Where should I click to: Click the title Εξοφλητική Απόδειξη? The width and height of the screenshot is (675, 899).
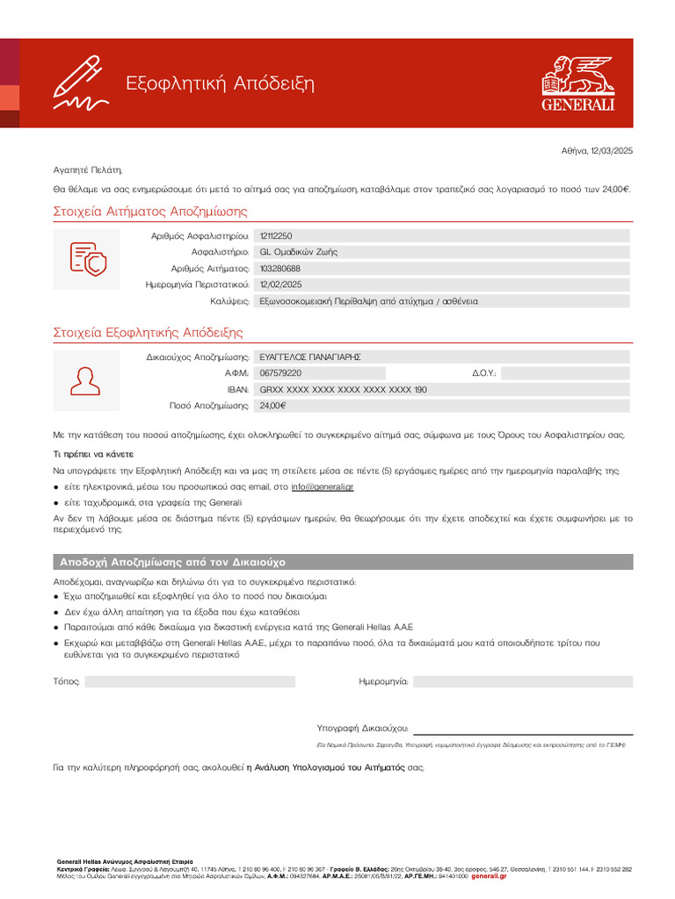click(220, 84)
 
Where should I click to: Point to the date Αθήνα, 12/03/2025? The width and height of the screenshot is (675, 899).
click(597, 151)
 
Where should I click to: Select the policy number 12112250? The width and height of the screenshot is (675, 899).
click(277, 236)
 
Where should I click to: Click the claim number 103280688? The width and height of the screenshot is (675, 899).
click(280, 269)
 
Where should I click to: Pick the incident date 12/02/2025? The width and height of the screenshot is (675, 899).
click(280, 284)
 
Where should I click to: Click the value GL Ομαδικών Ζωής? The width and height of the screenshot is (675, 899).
click(298, 252)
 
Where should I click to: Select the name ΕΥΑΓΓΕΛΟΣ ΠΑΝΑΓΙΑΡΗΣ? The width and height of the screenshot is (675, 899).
click(310, 357)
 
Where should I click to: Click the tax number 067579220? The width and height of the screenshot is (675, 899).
click(280, 373)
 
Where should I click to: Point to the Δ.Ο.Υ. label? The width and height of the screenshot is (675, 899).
click(484, 373)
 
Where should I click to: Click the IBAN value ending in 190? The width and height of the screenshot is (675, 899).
click(343, 390)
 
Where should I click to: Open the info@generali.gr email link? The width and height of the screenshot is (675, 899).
click(322, 486)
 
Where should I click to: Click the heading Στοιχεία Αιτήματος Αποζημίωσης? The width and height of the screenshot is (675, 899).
click(150, 212)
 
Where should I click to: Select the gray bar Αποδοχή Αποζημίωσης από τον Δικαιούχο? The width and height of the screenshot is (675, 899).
click(343, 562)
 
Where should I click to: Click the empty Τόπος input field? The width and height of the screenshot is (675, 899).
click(190, 681)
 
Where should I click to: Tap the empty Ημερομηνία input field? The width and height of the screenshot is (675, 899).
click(522, 681)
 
